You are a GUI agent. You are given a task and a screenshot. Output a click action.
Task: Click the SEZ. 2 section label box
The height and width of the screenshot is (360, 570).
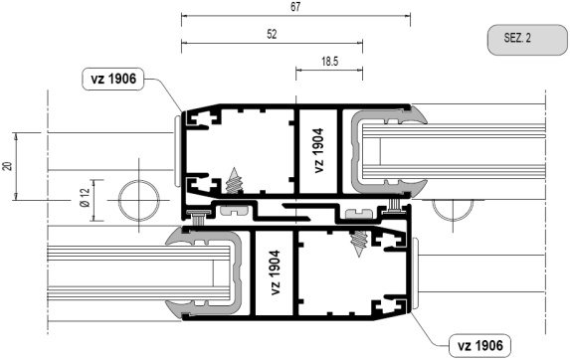click(527, 40)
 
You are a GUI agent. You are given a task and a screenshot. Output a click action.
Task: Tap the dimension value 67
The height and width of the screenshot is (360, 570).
click(295, 7)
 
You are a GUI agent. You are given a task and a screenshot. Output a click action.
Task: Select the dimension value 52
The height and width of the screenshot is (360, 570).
click(272, 34)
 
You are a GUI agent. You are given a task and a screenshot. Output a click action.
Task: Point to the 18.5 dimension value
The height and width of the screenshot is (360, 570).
click(329, 62)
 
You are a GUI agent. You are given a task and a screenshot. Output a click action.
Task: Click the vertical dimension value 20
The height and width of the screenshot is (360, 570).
click(8, 166)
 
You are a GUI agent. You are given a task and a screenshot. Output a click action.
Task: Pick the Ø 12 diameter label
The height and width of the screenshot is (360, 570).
click(85, 198)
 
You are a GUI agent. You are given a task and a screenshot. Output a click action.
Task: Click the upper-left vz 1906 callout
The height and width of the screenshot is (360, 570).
click(113, 79)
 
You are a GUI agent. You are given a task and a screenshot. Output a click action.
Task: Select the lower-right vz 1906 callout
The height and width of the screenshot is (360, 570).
click(480, 345)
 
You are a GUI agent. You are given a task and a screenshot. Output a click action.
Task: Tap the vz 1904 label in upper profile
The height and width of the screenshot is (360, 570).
click(318, 150)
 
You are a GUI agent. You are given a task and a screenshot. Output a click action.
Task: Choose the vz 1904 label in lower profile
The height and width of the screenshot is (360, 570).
click(276, 272)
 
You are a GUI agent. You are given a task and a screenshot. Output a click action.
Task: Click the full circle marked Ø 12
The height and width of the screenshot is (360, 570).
click(139, 201)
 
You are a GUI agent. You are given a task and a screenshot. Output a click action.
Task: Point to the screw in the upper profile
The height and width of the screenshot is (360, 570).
click(234, 181)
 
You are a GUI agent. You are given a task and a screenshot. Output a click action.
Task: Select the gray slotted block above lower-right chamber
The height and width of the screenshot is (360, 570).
click(359, 213)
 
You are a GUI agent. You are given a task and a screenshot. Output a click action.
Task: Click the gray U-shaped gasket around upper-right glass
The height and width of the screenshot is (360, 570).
click(354, 152)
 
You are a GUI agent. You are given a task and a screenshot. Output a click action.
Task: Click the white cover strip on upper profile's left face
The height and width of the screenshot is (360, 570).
click(177, 151)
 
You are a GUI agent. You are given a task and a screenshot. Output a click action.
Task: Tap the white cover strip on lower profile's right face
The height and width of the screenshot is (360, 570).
click(415, 273)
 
